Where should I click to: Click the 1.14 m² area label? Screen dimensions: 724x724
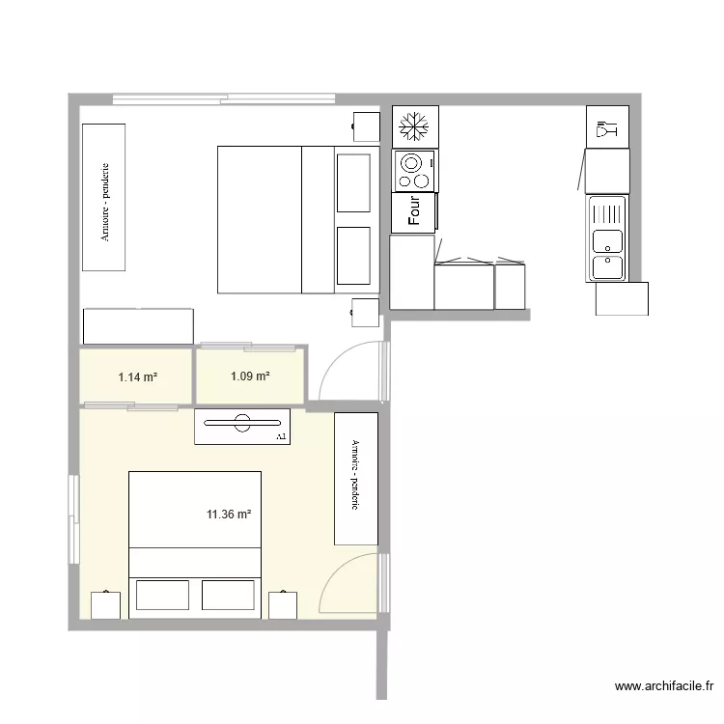[x=138, y=377]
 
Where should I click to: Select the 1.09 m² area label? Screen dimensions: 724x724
[x=250, y=376]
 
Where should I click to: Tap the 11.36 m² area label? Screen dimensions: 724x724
[x=229, y=514]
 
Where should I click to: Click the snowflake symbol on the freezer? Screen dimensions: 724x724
[x=414, y=126]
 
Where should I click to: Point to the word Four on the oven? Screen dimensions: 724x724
[x=414, y=210]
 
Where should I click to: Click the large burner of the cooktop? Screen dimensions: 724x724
[x=411, y=163]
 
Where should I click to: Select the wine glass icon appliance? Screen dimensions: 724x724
[x=607, y=127]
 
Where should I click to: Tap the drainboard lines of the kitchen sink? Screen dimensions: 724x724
[x=606, y=213]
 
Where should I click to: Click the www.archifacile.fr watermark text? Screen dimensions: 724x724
[x=664, y=686]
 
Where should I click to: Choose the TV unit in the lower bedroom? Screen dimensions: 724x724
[x=242, y=427]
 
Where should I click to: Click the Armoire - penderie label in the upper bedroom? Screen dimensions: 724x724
[x=105, y=202]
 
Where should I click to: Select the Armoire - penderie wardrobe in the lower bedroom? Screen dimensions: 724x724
[x=356, y=479]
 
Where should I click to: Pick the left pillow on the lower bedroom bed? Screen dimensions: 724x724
[x=162, y=596]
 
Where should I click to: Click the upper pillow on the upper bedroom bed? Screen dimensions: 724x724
[x=353, y=183]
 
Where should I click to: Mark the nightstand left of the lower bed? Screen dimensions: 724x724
[x=106, y=605]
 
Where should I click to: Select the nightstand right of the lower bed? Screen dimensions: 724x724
[x=283, y=605]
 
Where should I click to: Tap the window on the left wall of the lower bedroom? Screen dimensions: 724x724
[x=74, y=519]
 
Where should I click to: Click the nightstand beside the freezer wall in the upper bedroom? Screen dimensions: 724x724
[x=367, y=126]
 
